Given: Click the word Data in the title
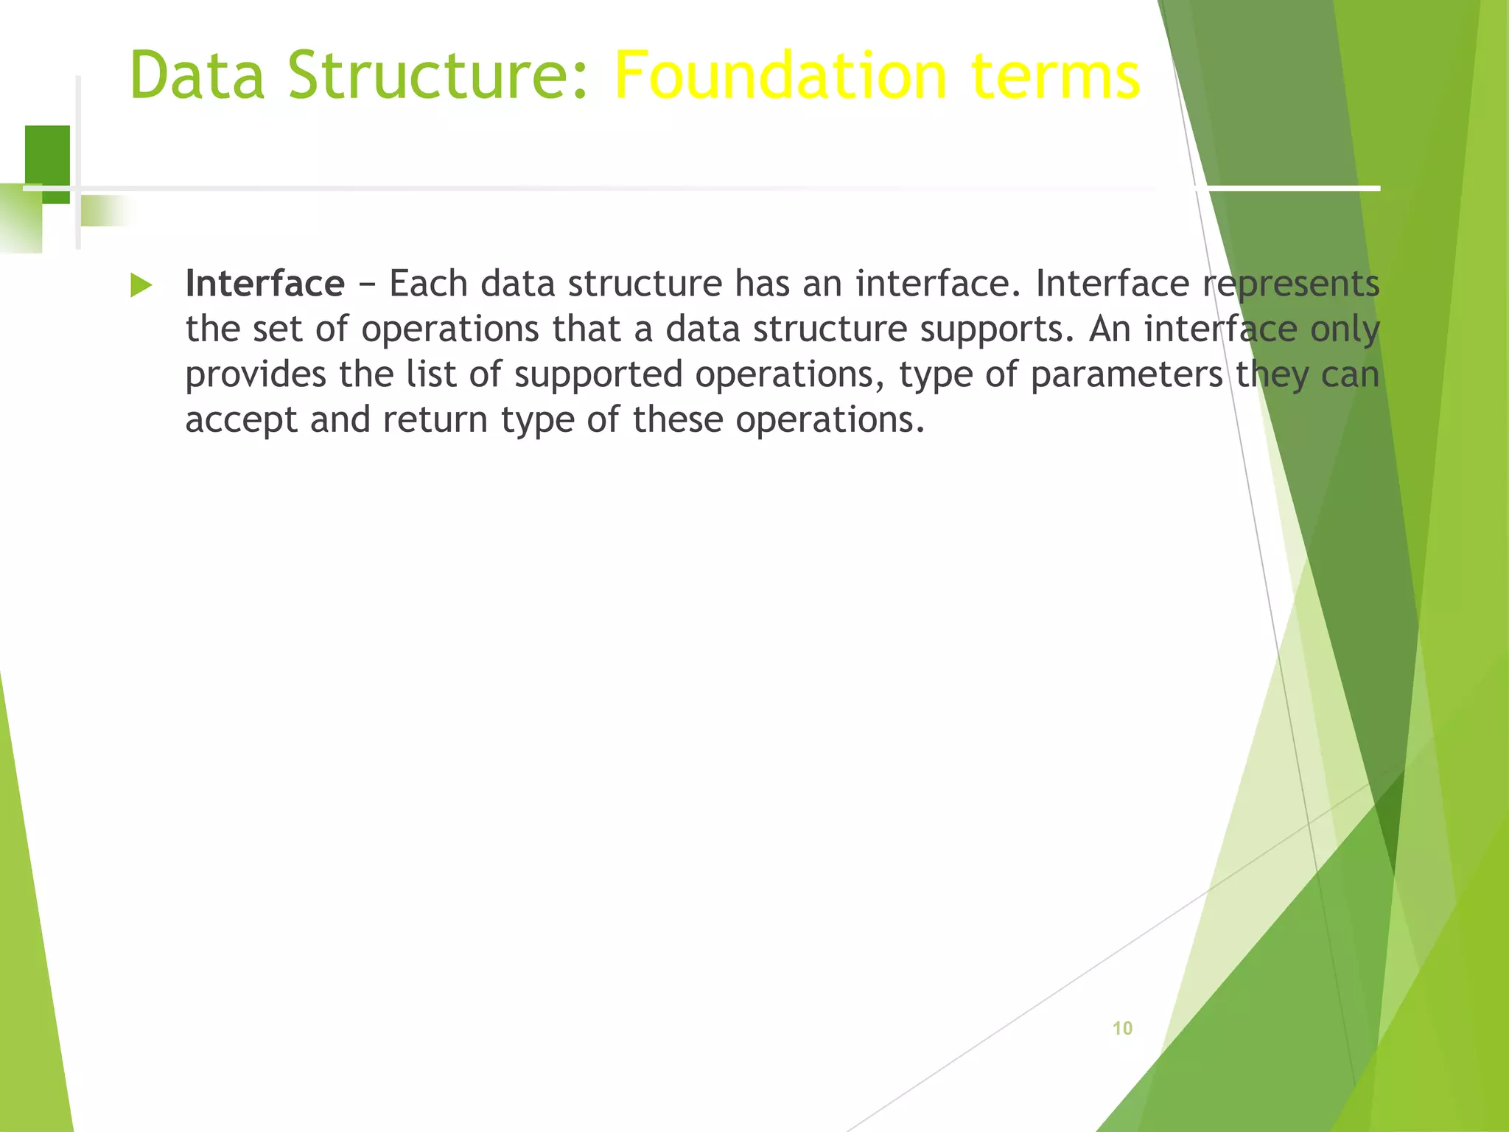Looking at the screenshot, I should [x=197, y=75].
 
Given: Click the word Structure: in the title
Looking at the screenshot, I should [x=438, y=75].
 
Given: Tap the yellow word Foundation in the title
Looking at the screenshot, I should [x=780, y=75].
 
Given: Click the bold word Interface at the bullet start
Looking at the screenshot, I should [x=265, y=284].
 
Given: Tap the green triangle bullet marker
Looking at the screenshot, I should [x=141, y=285].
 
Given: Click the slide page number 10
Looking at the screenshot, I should [x=1121, y=1028].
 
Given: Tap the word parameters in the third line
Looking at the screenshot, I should [x=1127, y=375].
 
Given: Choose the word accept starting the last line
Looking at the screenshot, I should [x=241, y=421].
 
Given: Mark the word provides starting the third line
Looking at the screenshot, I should [x=255, y=375].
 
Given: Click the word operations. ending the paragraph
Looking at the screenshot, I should [x=830, y=421].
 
